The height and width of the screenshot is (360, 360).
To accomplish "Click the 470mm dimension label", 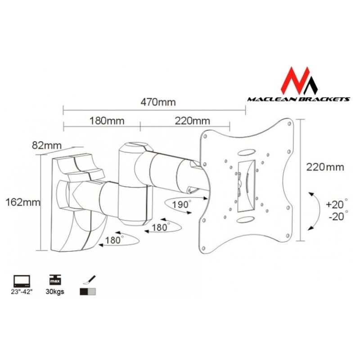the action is pos(158,103).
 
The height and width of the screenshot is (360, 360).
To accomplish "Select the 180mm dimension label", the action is pos(107,121).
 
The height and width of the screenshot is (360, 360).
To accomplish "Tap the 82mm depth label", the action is pos(47,145).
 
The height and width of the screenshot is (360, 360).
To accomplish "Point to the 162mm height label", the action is pos(22,202).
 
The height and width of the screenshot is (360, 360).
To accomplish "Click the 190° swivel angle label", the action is pos(181,204).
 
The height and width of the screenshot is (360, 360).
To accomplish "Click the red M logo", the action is pos(299,81).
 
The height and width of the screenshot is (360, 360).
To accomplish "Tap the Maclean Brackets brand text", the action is pos(299,99).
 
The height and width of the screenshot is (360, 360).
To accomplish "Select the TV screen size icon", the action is pos(22,281).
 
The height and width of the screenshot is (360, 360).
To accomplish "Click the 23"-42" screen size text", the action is pos(22,292).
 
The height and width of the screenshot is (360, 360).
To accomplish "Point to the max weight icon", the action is pos(55,280).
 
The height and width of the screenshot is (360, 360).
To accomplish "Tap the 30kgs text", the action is pos(55,292).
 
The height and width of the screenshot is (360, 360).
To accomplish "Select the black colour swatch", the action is pos(84,292).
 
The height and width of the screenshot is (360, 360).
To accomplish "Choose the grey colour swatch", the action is pos(92,292).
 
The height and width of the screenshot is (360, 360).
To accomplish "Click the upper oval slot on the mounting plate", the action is pos(246,153).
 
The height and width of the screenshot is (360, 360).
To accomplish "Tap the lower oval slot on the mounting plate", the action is pos(245,219).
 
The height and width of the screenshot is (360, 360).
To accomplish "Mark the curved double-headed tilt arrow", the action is pos(315,211).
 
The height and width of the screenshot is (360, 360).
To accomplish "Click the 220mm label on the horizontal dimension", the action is pos(193,121).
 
